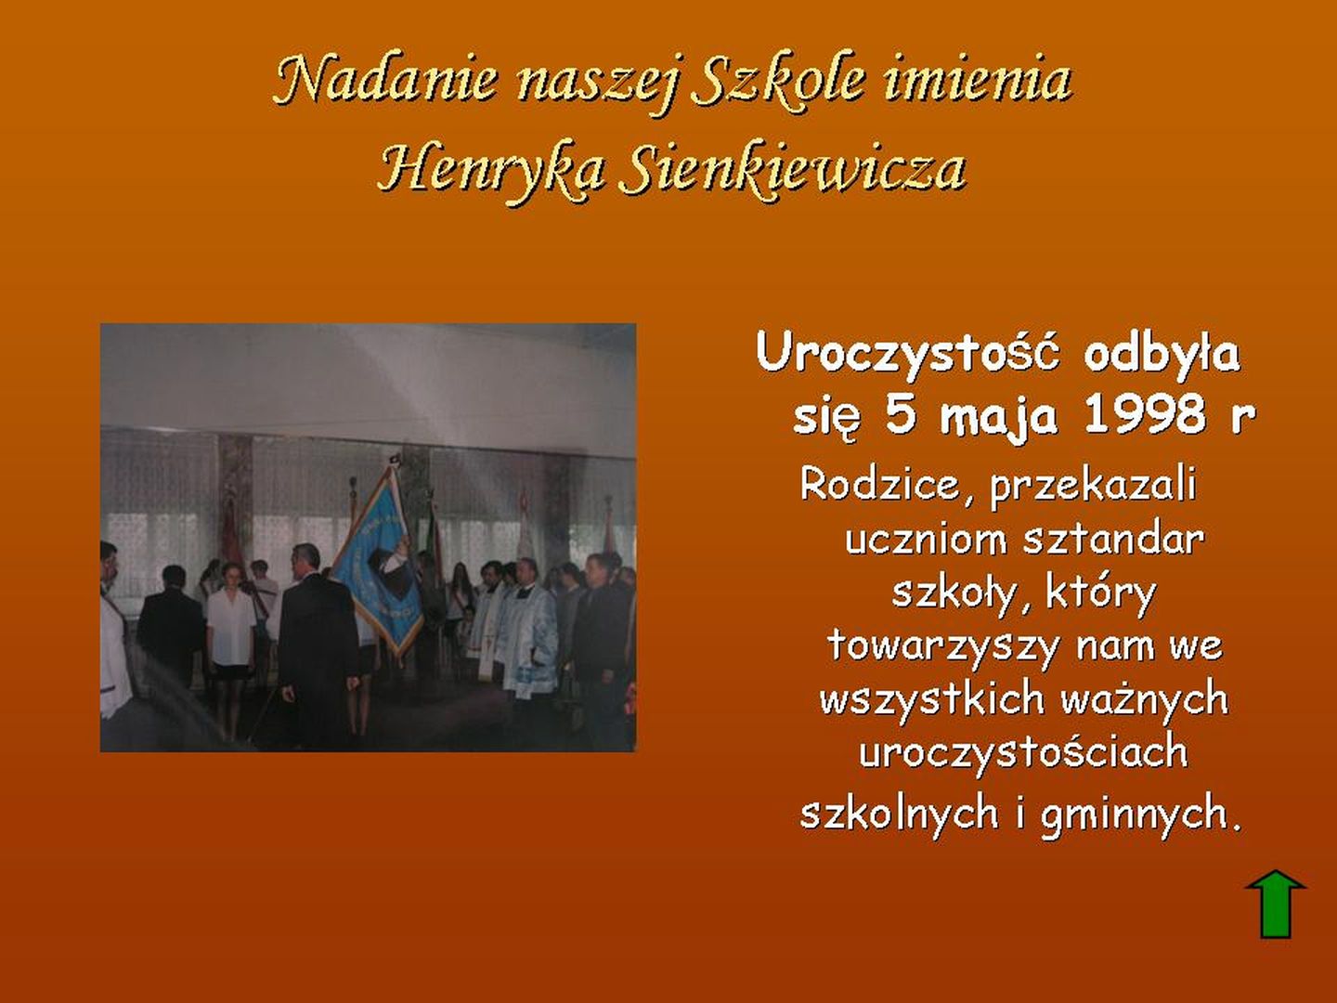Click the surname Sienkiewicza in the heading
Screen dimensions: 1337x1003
tap(793, 168)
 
